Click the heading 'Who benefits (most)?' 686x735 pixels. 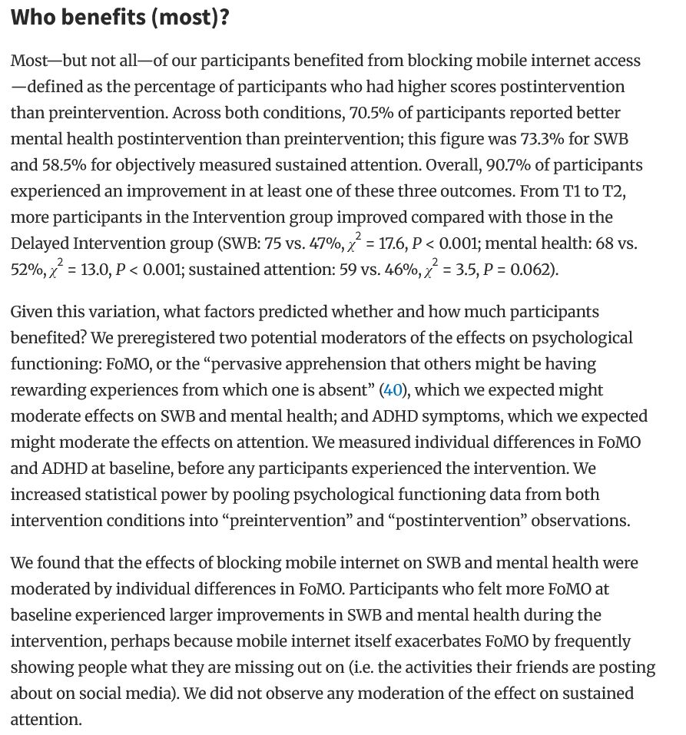pyautogui.click(x=120, y=18)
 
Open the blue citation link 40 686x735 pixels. pyautogui.click(x=392, y=389)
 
